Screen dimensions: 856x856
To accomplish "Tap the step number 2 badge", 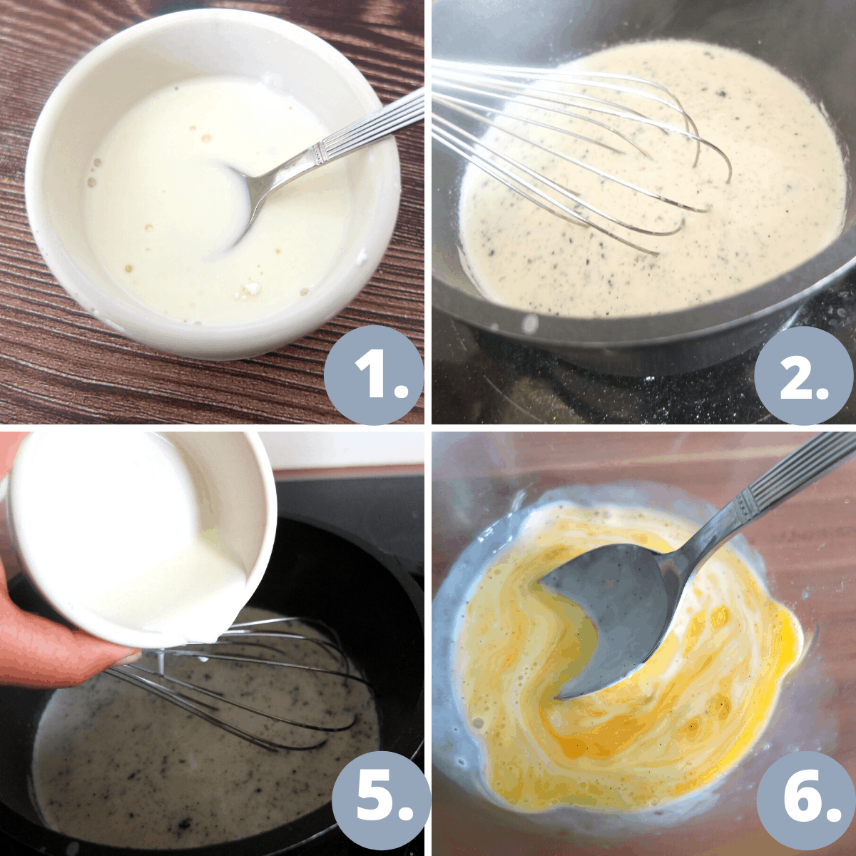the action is pyautogui.click(x=805, y=376).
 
